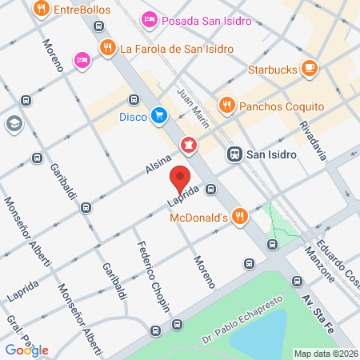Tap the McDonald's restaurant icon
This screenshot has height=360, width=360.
[238, 215]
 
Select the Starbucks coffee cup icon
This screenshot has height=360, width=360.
[309, 70]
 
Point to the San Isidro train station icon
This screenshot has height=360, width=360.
[234, 154]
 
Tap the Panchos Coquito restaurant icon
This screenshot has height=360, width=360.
[226, 106]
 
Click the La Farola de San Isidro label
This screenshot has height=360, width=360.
[176, 48]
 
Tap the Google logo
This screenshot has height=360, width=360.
[26, 350]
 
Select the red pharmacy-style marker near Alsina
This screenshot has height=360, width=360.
[189, 145]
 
